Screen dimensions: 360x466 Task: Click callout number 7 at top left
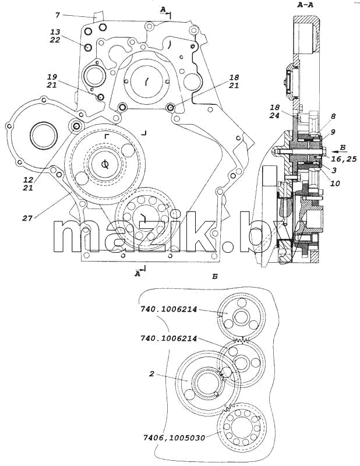(x=58, y=15)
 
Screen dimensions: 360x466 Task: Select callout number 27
(x=27, y=218)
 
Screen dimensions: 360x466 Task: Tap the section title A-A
(x=306, y=5)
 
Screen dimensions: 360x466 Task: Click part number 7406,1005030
(x=174, y=438)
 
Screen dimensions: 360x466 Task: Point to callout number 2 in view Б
(x=151, y=374)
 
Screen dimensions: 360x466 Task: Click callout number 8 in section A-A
(x=333, y=116)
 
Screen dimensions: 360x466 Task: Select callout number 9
(x=333, y=132)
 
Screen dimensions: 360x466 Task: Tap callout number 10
(x=335, y=183)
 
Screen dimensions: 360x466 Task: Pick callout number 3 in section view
(x=334, y=170)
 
